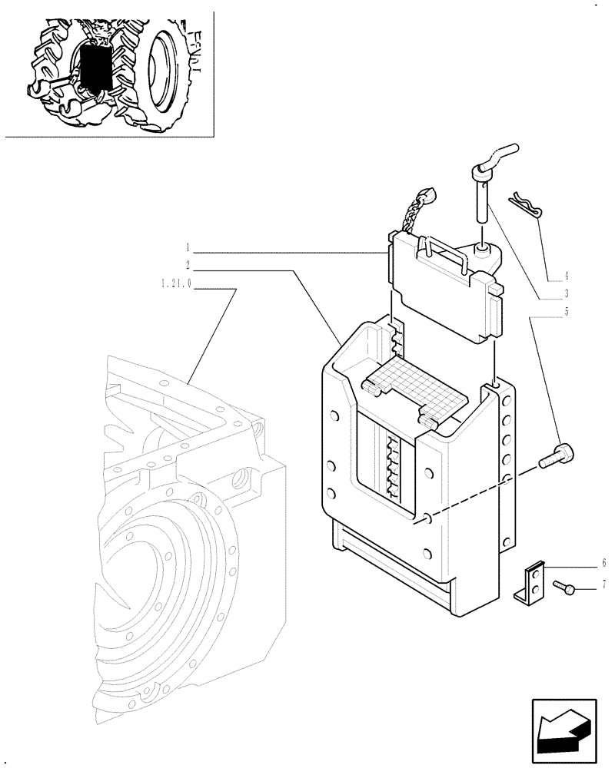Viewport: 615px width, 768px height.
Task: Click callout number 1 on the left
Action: click(x=187, y=248)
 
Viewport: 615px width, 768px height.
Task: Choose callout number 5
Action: click(x=566, y=312)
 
